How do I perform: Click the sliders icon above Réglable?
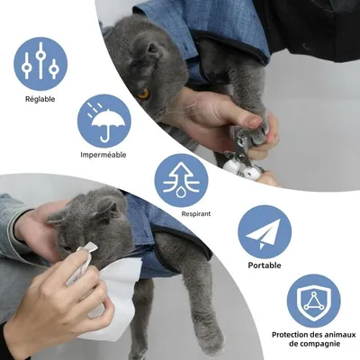(40, 63)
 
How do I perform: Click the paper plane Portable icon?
(264, 231)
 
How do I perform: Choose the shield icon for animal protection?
(313, 301)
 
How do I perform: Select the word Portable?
(264, 265)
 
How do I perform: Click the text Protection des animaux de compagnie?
(313, 339)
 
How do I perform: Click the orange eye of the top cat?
(144, 93)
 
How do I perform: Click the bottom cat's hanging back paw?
(211, 339)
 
